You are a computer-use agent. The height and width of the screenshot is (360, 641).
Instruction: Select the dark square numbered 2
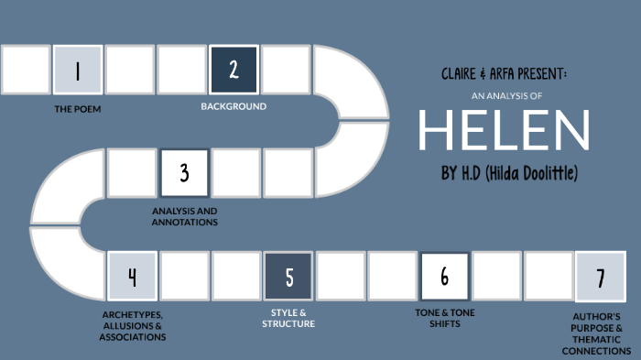pos(234,71)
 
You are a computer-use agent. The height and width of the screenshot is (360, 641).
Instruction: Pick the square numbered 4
pos(132,276)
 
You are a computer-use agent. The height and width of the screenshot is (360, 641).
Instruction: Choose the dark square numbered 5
pos(288,276)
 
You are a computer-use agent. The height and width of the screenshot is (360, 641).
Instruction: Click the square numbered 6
pos(444,276)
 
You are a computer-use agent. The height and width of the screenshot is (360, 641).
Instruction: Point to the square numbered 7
pos(600,277)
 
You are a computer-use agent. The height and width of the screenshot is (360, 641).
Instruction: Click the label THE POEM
pos(77,108)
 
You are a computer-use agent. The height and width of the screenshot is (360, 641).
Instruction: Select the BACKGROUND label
pos(234,106)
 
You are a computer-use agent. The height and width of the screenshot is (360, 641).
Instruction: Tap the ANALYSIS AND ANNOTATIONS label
pos(184,215)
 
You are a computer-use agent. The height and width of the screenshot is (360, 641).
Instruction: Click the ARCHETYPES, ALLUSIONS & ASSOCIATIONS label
pos(132,325)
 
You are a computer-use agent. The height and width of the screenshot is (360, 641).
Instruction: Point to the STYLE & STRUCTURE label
pos(288,319)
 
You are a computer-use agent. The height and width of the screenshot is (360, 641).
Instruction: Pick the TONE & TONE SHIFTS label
pos(445,319)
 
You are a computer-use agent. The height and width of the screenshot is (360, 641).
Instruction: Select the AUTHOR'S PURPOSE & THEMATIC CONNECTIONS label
pos(600,334)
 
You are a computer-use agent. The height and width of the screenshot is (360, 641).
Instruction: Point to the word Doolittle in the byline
pos(551,174)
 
